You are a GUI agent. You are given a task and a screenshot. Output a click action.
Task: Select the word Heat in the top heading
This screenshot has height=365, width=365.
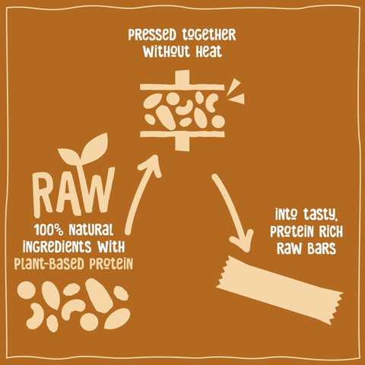(204, 52)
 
